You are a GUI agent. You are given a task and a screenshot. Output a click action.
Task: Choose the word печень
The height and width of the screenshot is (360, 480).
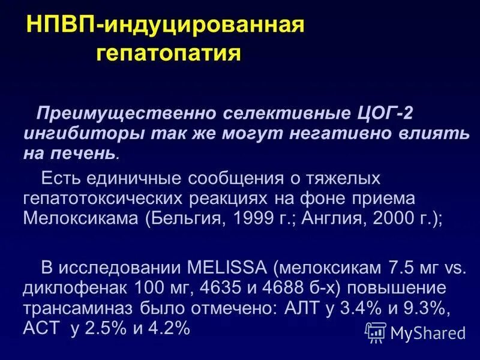click(x=86, y=154)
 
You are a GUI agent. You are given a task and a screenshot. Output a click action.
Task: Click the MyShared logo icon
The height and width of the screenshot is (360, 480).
click(x=376, y=332)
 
